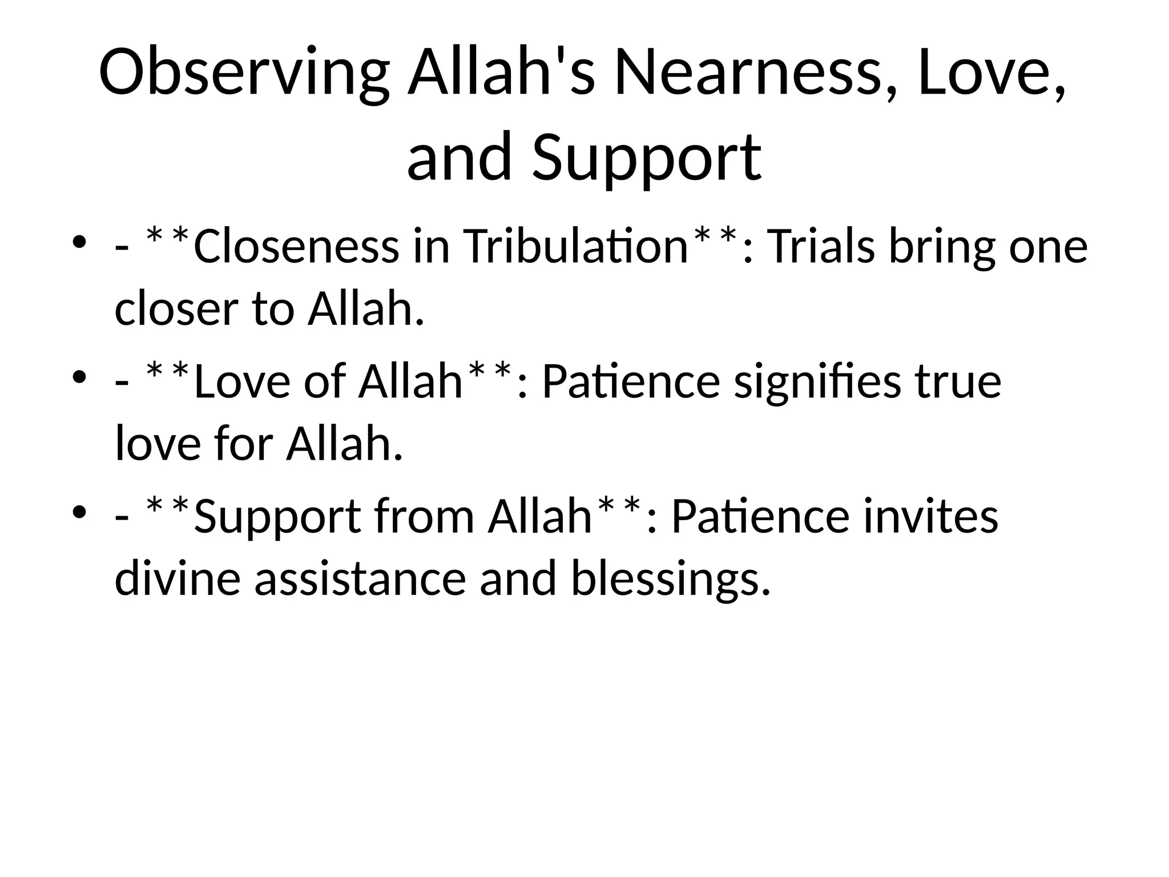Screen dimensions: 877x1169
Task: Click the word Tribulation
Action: (577, 247)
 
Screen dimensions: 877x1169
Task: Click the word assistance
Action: (360, 578)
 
